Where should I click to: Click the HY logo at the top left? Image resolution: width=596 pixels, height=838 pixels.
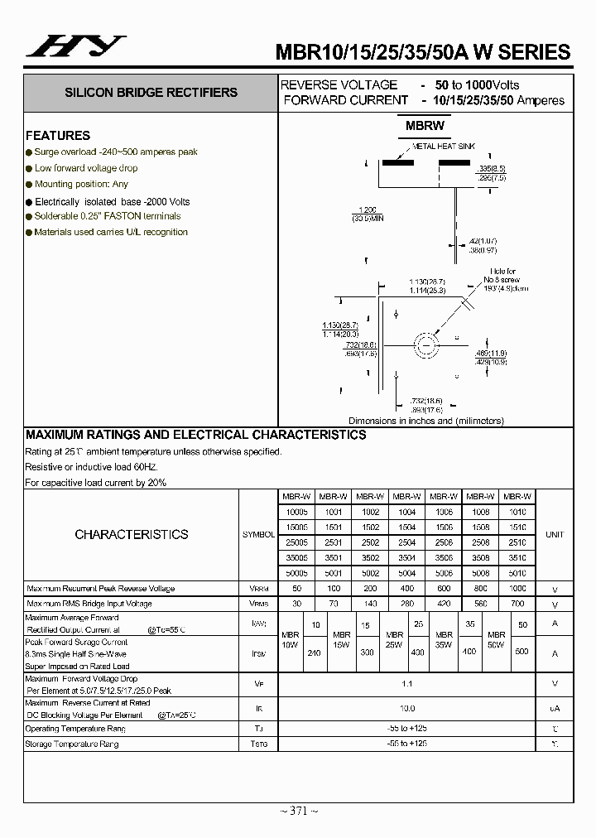click(76, 47)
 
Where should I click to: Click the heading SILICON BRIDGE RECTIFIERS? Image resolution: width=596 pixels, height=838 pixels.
click(151, 93)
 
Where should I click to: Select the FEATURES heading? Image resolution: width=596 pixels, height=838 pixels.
click(58, 136)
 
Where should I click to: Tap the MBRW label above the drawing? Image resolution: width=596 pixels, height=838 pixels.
click(425, 126)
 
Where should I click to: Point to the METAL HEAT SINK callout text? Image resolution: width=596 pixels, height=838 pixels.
click(445, 146)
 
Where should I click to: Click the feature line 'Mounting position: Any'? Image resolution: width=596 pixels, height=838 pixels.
click(81, 184)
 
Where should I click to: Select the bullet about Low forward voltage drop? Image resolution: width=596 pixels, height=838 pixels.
click(86, 168)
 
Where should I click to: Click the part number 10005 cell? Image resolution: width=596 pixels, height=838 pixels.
click(296, 513)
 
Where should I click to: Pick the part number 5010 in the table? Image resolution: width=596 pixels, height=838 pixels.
click(517, 572)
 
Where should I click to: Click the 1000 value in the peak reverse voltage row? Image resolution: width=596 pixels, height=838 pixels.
click(517, 589)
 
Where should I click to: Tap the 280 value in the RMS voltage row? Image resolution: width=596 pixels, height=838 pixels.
click(406, 604)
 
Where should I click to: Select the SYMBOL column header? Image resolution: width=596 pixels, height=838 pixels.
click(258, 535)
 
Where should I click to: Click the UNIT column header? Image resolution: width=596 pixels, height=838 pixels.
click(554, 535)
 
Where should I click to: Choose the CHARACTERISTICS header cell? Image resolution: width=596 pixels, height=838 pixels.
click(131, 535)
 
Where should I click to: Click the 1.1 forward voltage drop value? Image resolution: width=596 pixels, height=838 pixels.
click(406, 684)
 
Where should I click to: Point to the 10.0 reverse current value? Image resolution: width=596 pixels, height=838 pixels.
click(406, 708)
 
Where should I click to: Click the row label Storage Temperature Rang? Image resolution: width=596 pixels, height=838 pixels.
click(72, 744)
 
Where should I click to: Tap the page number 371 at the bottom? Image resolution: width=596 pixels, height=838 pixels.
click(298, 811)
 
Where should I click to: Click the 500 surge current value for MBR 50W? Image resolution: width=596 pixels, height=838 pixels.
click(521, 652)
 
